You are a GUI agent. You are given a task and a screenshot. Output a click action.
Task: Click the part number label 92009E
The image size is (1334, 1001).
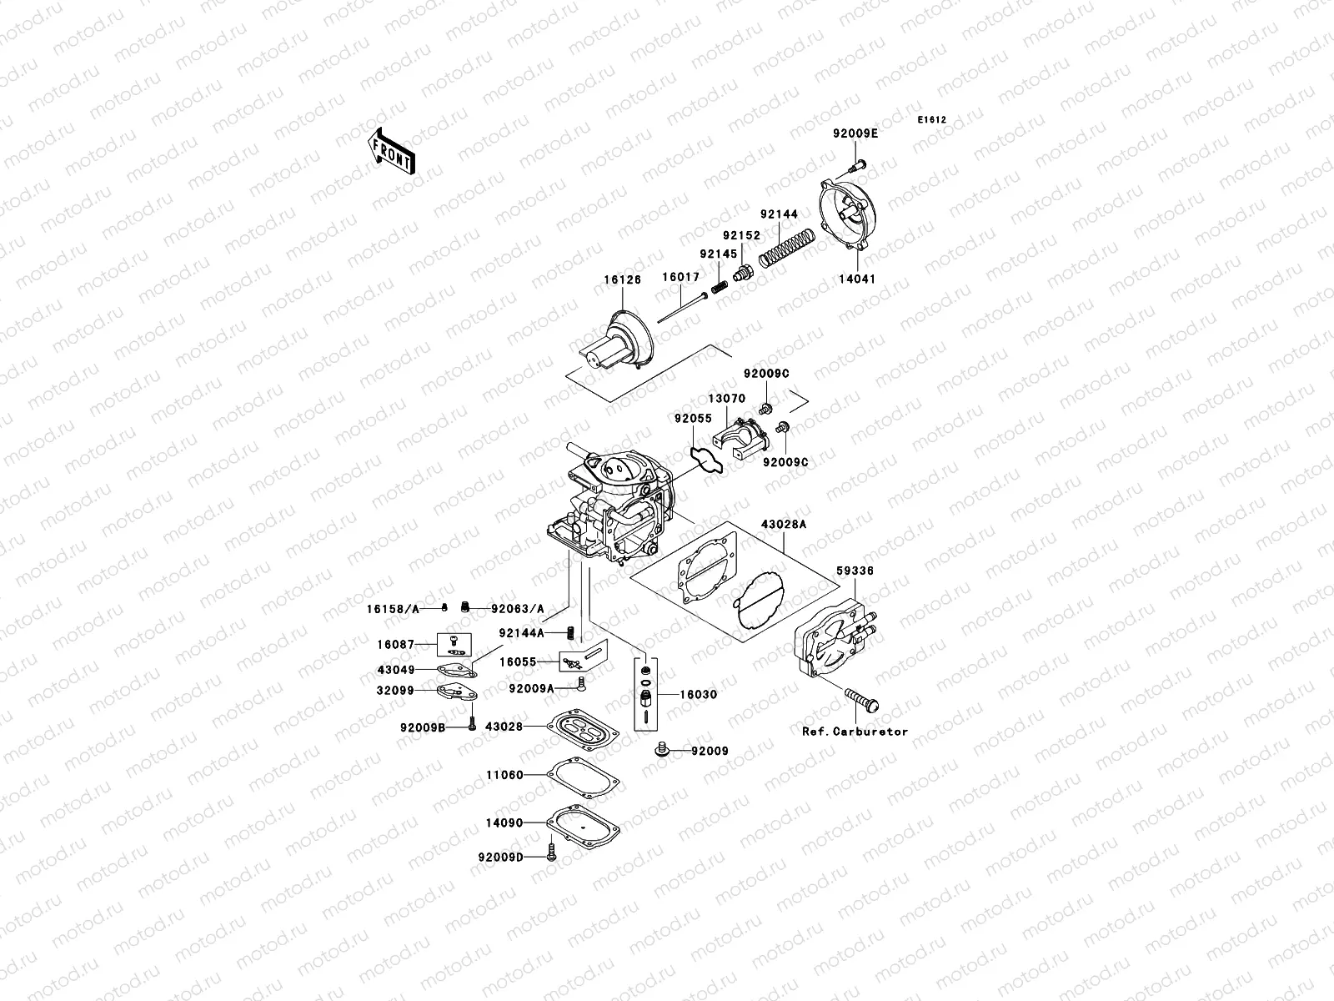(855, 133)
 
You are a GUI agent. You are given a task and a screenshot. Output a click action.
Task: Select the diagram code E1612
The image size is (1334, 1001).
(932, 120)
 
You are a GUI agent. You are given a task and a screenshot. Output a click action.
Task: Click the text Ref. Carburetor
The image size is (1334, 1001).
(855, 732)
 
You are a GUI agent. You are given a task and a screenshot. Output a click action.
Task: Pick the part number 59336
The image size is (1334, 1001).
(855, 571)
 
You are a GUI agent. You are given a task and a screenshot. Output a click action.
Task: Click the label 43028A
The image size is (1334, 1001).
(783, 526)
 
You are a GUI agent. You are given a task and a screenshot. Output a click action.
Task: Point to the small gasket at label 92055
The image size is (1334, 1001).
(705, 458)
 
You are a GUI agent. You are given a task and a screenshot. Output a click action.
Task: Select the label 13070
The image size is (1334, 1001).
(727, 399)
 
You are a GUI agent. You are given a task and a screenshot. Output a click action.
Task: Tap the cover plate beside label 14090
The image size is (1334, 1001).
(584, 822)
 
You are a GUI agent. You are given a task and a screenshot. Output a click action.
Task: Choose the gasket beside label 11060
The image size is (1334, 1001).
(584, 775)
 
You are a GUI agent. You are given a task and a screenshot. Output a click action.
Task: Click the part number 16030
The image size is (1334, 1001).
(699, 694)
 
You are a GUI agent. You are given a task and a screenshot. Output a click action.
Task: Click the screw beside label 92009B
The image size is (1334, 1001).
(472, 726)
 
